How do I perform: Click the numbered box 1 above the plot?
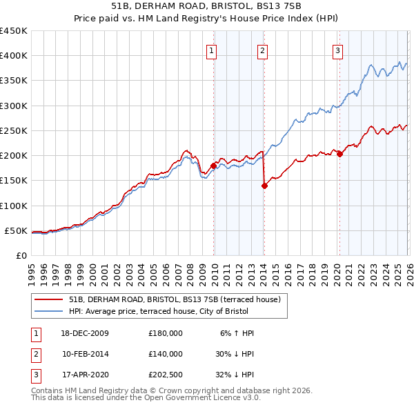click(210, 50)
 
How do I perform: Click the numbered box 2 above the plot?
click(263, 50)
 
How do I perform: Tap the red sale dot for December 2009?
click(213, 166)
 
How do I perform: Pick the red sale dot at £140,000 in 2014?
click(264, 186)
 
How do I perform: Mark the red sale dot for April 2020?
click(339, 155)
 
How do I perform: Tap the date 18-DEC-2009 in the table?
click(85, 333)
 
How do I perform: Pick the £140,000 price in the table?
click(166, 354)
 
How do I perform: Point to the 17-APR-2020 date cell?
click(85, 375)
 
